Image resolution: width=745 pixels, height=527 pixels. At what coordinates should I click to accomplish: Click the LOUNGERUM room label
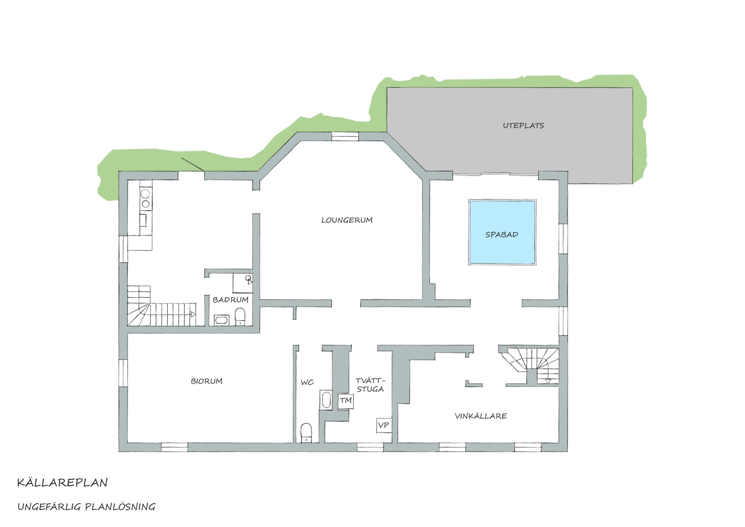pos(347,220)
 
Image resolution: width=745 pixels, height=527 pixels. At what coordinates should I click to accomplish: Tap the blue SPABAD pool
pos(502,232)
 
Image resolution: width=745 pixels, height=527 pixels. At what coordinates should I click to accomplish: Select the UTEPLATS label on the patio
pos(523,126)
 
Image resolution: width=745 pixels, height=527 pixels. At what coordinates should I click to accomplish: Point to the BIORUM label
pos(207,381)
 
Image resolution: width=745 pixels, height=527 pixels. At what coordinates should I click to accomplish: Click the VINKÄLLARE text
pos(481,416)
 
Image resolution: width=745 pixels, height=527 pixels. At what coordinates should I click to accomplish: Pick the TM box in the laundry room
pos(346,401)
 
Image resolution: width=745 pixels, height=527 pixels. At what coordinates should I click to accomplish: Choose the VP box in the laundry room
pos(384,425)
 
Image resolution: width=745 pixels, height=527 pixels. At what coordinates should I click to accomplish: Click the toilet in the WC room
pos(306,433)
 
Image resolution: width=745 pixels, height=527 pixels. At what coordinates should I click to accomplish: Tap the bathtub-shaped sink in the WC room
pos(326,400)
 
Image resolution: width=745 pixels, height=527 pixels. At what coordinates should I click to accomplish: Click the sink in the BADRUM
pos(222,320)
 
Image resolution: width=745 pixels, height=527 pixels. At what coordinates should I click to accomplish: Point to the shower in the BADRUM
pos(243,283)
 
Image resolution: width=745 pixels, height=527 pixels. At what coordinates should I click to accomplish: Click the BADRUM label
pos(231,300)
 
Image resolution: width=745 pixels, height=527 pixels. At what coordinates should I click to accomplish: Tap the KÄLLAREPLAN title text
pos(63,483)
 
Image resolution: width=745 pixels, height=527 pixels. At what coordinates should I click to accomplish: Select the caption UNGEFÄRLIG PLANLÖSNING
pos(87,507)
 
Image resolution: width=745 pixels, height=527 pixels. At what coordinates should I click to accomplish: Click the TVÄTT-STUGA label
pos(370,385)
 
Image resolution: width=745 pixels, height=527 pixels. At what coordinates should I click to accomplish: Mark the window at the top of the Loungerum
pos(345,136)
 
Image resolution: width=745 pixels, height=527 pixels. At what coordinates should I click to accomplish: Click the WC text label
pos(307,383)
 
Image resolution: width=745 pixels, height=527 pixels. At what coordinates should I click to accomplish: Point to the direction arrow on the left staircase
pos(193,314)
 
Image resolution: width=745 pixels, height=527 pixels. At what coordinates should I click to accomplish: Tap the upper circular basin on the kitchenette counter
pos(146,193)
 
